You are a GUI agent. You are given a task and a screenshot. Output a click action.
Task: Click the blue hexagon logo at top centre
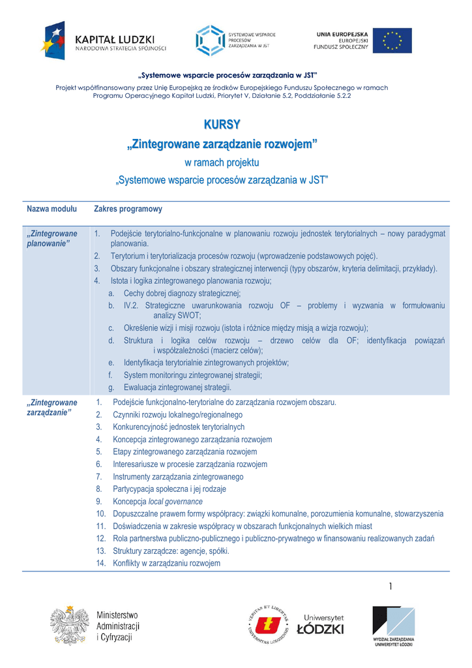click(210, 40)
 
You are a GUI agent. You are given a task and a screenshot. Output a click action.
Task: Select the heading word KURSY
click(222, 124)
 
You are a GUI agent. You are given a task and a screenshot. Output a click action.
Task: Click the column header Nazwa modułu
click(52, 209)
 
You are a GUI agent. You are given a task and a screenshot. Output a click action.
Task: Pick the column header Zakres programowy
click(128, 209)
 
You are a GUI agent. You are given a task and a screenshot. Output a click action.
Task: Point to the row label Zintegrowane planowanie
click(52, 238)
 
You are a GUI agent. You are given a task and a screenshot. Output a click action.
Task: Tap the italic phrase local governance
click(175, 502)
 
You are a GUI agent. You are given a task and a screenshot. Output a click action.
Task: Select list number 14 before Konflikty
click(100, 564)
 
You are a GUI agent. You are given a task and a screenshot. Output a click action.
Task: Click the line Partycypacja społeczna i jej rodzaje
click(170, 489)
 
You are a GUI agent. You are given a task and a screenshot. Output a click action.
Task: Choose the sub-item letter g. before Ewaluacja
click(111, 387)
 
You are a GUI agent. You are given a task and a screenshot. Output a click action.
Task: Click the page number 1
click(391, 587)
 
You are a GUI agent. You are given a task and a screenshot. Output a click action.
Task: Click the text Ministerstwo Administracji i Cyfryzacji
click(118, 626)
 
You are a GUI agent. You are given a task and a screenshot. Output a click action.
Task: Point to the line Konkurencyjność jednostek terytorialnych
click(179, 427)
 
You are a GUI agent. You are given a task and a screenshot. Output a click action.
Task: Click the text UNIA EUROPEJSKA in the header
click(342, 33)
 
